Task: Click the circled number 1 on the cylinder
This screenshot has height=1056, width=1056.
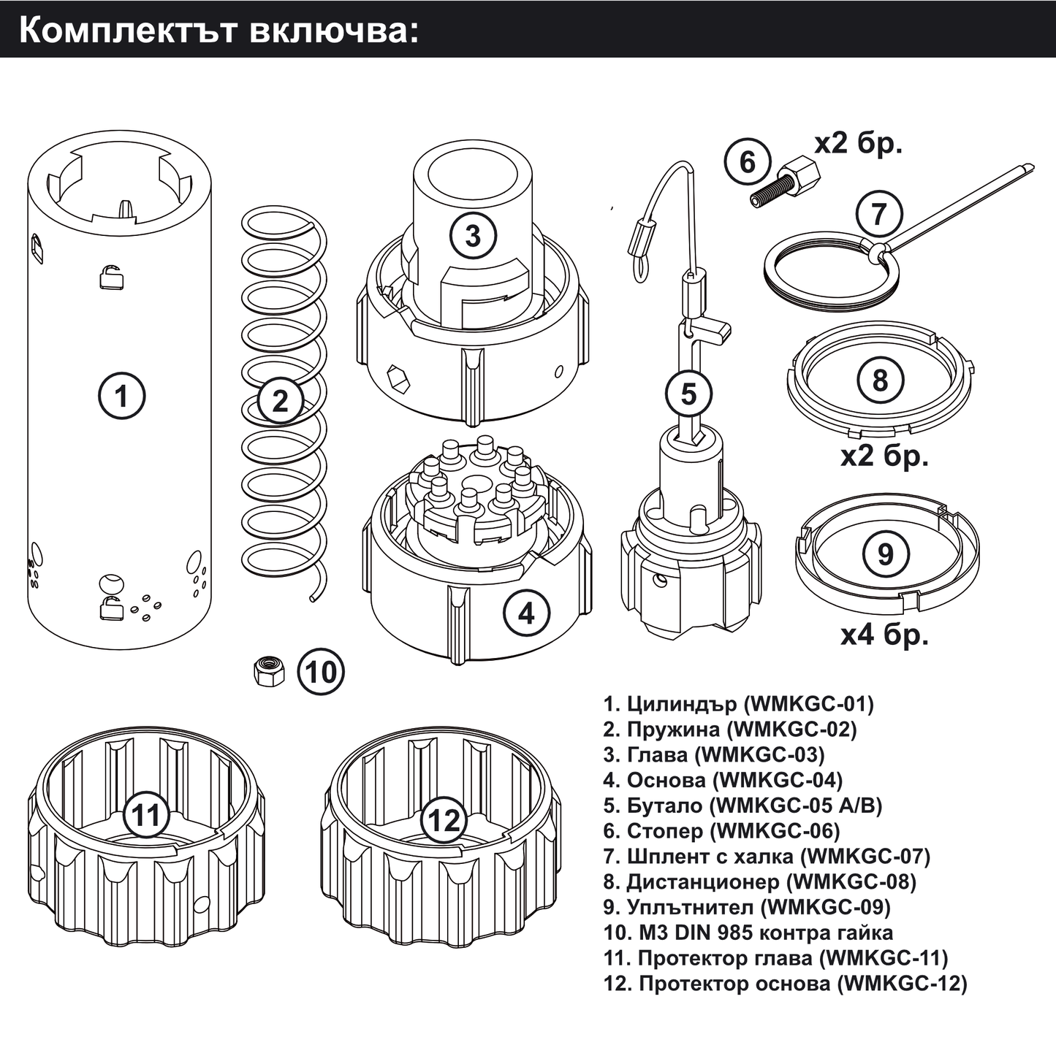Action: [x=122, y=396]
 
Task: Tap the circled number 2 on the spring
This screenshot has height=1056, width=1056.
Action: [x=280, y=401]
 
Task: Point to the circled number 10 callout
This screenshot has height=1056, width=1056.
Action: [x=321, y=672]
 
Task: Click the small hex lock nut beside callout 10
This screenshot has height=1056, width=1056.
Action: [x=270, y=671]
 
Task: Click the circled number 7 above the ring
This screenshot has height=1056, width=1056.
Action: [x=878, y=213]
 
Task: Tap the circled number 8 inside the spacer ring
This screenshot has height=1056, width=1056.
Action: [x=880, y=380]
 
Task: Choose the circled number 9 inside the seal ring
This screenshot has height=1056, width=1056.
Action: [x=886, y=554]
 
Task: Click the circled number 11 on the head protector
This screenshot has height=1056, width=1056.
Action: [x=146, y=815]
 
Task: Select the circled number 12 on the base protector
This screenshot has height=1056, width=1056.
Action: [x=444, y=820]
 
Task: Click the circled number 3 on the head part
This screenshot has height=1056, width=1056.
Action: [x=473, y=236]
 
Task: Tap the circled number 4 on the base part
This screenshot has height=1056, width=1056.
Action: [x=527, y=613]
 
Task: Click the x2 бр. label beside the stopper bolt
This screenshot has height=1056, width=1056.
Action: [x=859, y=144]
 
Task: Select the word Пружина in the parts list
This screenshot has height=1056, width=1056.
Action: [x=673, y=730]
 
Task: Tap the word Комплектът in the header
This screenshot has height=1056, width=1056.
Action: [x=128, y=31]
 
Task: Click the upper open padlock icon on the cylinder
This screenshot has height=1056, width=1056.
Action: [x=111, y=277]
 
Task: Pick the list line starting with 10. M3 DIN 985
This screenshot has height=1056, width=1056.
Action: [x=748, y=932]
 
